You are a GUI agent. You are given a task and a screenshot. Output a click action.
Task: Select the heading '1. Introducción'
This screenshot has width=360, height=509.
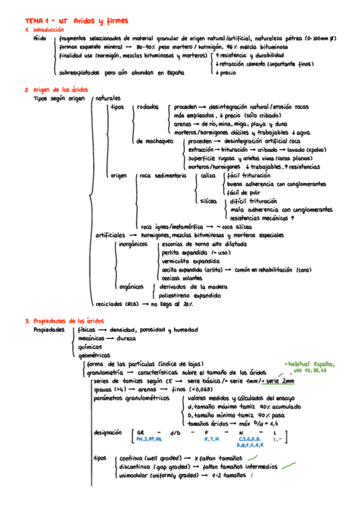pos(44,30)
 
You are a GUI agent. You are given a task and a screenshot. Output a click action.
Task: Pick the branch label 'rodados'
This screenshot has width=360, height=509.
pos(148,107)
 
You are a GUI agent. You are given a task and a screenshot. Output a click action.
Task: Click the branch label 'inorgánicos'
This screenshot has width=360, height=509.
pos(133,245)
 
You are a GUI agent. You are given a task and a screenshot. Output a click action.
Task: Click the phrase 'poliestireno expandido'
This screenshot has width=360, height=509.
pos(193,295)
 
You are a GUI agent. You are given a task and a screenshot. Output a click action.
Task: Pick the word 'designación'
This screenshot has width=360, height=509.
pos(109,432)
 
